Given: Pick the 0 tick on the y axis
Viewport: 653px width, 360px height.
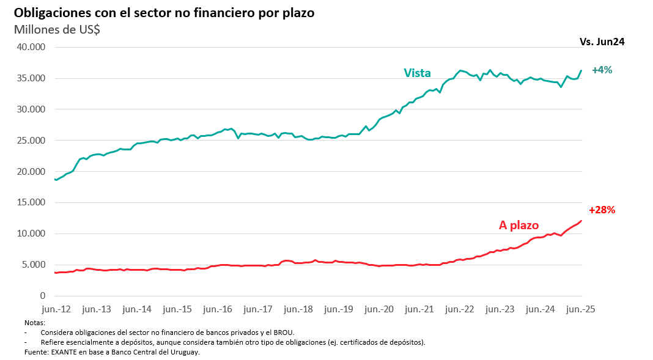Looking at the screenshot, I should coord(41,296).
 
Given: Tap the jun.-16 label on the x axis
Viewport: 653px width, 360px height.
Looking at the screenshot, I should coord(218,309).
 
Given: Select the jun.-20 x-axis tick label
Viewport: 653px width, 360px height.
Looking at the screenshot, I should coord(380,309).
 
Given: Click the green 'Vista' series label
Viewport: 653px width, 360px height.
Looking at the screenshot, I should coord(417,73).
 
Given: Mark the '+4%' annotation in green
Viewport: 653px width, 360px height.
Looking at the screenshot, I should coord(602,70).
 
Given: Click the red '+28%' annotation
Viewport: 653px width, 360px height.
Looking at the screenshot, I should coord(601,210).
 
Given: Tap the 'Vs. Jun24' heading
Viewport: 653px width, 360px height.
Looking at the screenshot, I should coord(602,42).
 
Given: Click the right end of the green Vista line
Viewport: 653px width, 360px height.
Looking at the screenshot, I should coord(581,70).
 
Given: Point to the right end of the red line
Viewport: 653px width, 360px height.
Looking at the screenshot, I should coord(581,221).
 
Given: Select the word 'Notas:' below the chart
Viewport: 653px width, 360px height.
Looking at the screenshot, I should coord(35,322).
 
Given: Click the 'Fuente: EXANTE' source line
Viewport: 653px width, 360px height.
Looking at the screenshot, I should coord(112,352).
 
